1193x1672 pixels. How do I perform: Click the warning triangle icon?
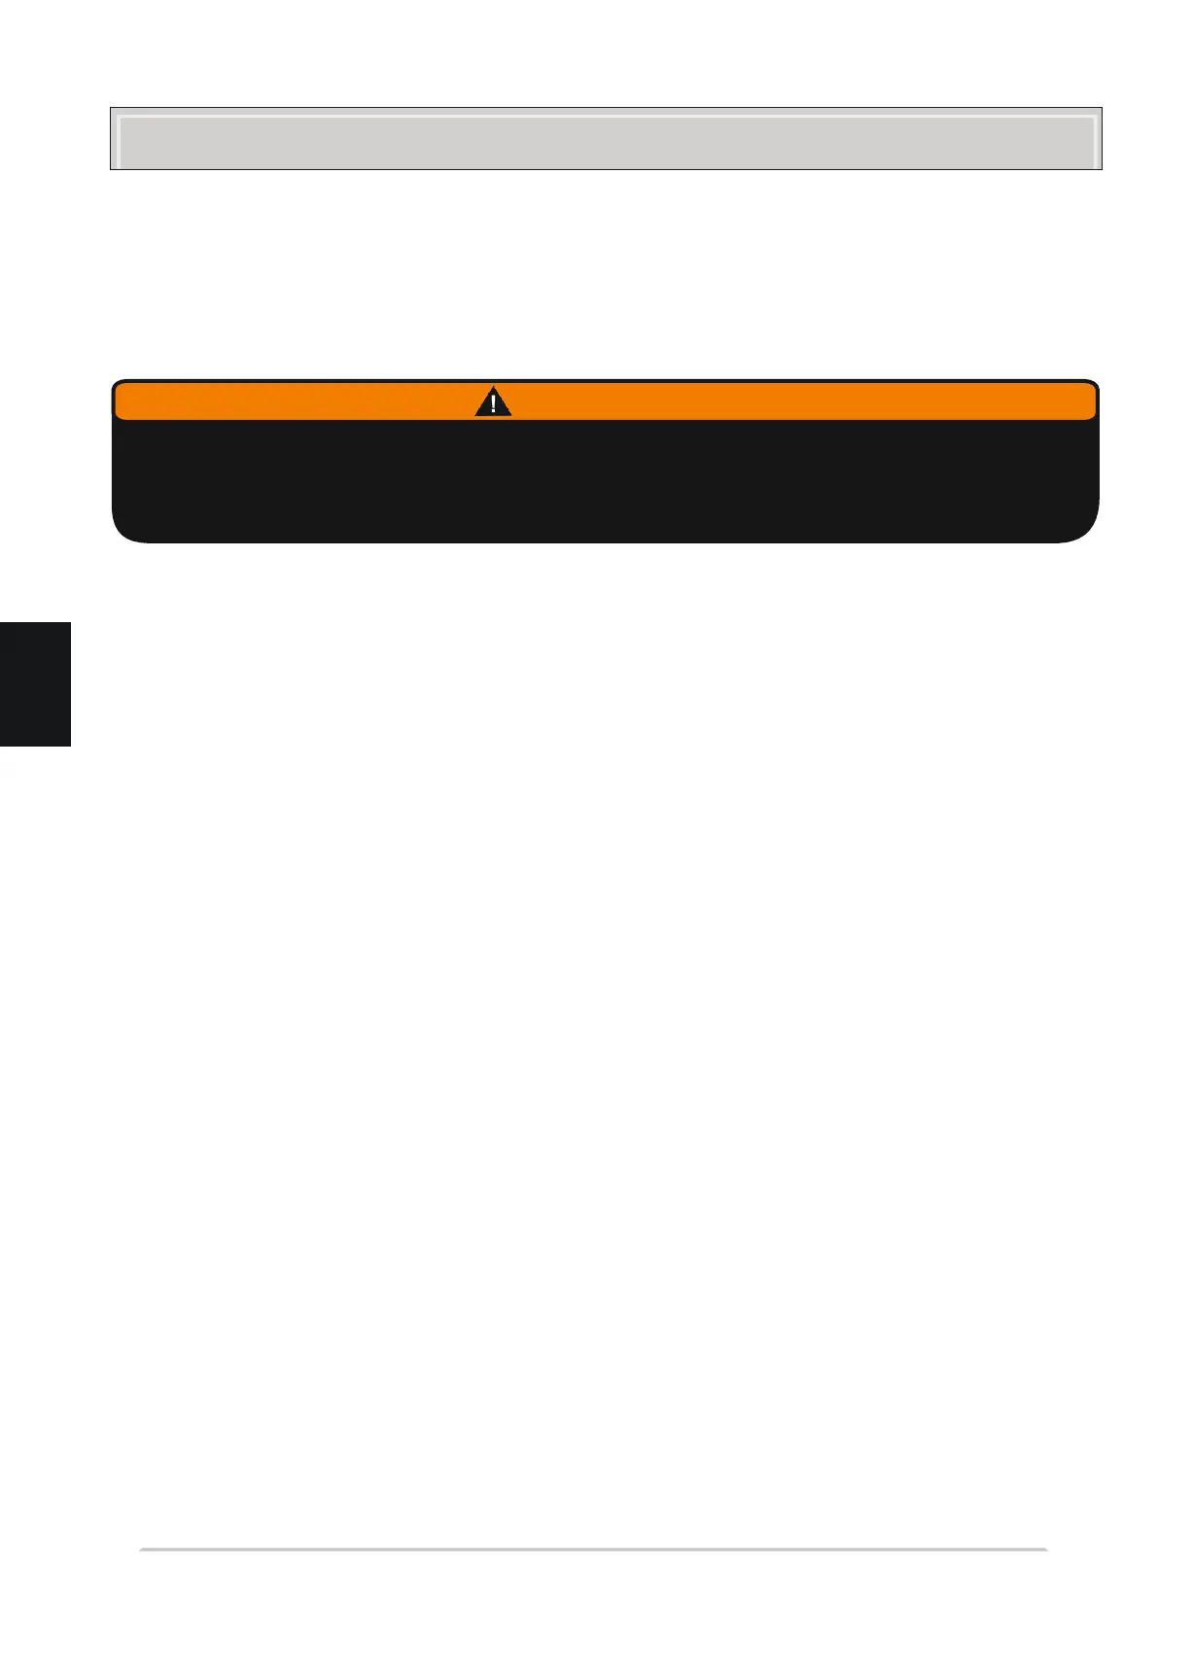pos(493,403)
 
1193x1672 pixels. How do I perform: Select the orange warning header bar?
pos(778,401)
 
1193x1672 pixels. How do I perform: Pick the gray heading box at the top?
pos(605,139)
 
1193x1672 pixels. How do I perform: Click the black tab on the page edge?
pos(35,683)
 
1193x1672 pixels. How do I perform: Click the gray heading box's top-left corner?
pos(111,109)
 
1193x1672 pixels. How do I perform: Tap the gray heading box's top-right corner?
pos(1101,109)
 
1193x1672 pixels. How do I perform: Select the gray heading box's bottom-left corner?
pos(111,169)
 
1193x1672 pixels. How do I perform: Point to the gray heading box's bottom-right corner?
pos(1101,169)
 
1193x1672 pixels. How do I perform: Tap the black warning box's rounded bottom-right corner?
pos(1088,533)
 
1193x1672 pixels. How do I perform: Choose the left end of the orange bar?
pos(118,401)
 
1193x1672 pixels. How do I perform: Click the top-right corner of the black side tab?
pos(70,623)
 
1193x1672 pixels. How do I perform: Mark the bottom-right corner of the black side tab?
pos(70,745)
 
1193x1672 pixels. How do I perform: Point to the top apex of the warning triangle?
pos(493,390)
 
